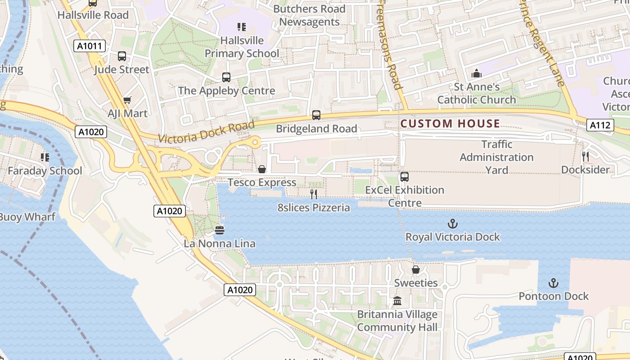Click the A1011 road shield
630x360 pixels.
(x=90, y=45)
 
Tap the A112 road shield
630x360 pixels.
(x=600, y=126)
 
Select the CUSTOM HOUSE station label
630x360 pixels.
(x=450, y=123)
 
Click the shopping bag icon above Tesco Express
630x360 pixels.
(x=261, y=169)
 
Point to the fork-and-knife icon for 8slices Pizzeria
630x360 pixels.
(x=314, y=194)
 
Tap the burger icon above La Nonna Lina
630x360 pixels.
(x=220, y=230)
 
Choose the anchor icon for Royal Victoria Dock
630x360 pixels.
(x=452, y=224)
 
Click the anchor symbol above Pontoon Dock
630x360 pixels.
(x=553, y=283)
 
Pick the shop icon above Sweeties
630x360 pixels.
(x=416, y=270)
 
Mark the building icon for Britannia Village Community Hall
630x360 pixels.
(x=397, y=301)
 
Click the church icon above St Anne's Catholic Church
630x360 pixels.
(x=476, y=73)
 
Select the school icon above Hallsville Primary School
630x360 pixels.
(x=242, y=27)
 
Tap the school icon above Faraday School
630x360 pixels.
(x=45, y=157)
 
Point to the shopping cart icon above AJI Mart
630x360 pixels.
(x=127, y=100)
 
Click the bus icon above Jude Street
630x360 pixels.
(x=122, y=56)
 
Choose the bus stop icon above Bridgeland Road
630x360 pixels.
(x=316, y=115)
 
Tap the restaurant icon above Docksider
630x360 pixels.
(x=585, y=156)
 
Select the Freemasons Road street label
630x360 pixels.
(x=390, y=45)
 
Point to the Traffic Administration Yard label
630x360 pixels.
(x=496, y=157)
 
